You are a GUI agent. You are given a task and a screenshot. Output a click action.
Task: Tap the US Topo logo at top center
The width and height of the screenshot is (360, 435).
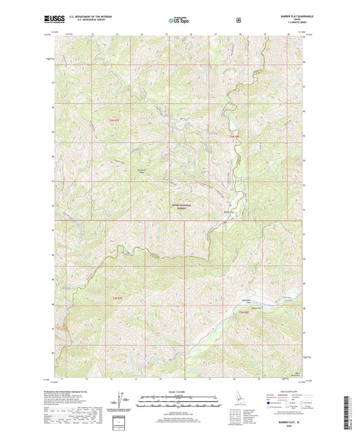[179, 21]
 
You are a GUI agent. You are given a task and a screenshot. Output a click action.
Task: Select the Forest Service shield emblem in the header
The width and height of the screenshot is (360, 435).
[238, 20]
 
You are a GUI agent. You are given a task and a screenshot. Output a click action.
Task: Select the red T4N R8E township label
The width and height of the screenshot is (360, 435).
[234, 137]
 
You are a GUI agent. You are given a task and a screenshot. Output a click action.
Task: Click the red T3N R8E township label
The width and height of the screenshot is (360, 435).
[244, 312]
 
